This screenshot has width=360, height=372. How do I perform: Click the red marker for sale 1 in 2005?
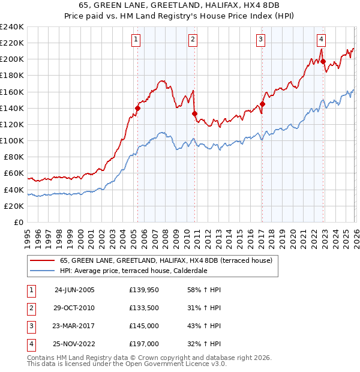pos(138,108)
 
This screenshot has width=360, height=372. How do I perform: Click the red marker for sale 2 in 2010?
pos(194,113)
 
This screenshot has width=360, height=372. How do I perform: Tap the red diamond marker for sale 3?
pos(262,104)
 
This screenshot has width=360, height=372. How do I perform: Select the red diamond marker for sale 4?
pos(323,61)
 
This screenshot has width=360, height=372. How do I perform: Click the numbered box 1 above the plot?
pos(137,40)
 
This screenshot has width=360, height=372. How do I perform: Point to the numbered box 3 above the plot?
pos(262,40)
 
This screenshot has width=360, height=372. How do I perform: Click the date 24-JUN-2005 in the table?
pos(74,290)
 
